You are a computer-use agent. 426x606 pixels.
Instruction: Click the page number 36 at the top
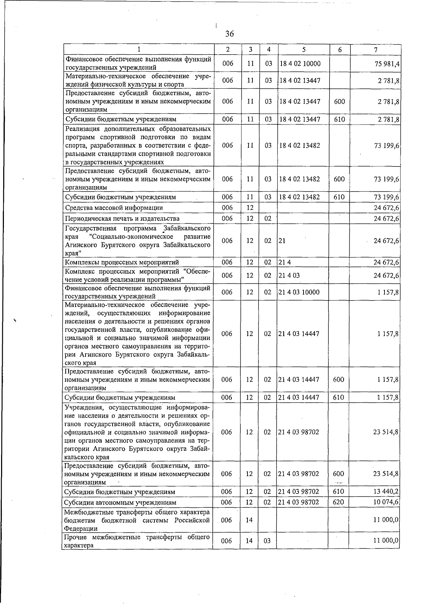pyautogui.click(x=229, y=34)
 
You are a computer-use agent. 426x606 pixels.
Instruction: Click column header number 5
pyautogui.click(x=304, y=50)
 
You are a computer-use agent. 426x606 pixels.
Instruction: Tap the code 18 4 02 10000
pyautogui.click(x=300, y=64)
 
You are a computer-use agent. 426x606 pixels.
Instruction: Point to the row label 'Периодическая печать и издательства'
pyautogui.click(x=122, y=219)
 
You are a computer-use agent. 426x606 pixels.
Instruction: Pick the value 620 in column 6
pyautogui.click(x=338, y=502)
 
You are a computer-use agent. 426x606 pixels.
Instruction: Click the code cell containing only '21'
pyautogui.click(x=282, y=241)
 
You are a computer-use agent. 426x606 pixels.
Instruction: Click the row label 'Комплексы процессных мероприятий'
pyautogui.click(x=122, y=262)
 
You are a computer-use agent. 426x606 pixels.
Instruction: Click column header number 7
pyautogui.click(x=376, y=50)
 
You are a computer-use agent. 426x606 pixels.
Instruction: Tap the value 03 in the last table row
pyautogui.click(x=267, y=541)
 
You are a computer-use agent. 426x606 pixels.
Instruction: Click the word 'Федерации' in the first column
pyautogui.click(x=81, y=528)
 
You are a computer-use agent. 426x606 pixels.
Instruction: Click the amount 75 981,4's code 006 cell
pyautogui.click(x=228, y=64)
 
